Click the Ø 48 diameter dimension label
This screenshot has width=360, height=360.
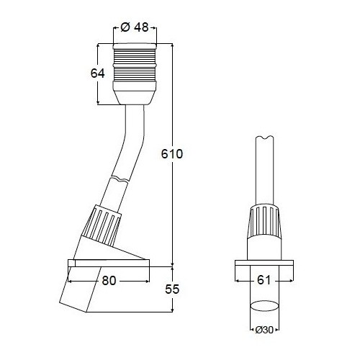point(135,27)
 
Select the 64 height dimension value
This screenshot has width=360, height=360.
point(97,73)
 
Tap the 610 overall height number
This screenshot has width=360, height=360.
point(172,153)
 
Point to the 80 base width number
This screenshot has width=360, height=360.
point(109,280)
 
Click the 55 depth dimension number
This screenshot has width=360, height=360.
point(172,289)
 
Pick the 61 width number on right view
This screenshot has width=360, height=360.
point(264,280)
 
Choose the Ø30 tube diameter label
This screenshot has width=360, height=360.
point(264,330)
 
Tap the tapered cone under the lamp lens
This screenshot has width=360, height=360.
point(135,93)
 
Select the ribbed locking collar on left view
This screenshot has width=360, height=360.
point(102,225)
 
